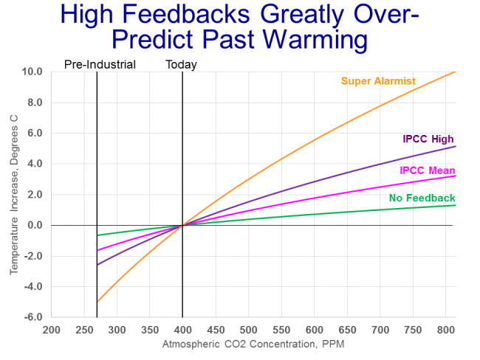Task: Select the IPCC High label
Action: (428, 139)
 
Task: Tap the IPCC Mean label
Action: (427, 170)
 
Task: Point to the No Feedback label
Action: (422, 198)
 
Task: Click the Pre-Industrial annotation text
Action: (100, 64)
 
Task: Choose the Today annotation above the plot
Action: (181, 64)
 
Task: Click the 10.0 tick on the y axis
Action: (32, 72)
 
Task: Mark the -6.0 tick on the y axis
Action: (32, 317)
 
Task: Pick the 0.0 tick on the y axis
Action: (33, 225)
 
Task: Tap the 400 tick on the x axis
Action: (182, 330)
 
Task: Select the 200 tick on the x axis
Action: (50, 330)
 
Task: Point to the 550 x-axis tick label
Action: (281, 330)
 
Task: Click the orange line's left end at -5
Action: (97, 302)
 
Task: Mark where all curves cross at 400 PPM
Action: (182, 225)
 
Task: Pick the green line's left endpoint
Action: (97, 235)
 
